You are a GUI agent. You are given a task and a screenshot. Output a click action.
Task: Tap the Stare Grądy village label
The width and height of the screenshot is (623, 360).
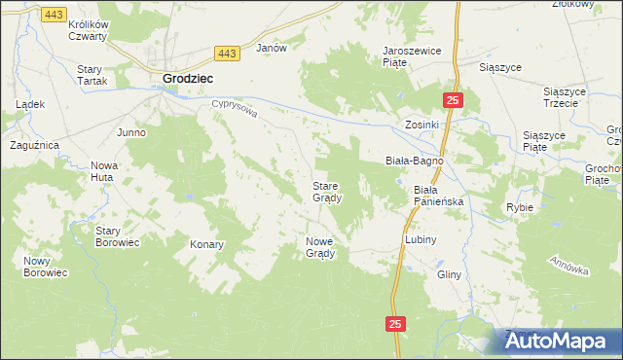click(x=326, y=192)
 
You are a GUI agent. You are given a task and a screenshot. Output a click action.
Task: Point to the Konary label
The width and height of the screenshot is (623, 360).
click(x=207, y=244)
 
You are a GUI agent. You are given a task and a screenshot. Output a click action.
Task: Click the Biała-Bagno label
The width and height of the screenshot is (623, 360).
click(x=415, y=160)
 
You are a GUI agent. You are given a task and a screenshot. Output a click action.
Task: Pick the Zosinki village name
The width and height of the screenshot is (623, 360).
click(x=422, y=126)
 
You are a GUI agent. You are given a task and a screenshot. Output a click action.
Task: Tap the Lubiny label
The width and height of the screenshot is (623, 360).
click(x=421, y=238)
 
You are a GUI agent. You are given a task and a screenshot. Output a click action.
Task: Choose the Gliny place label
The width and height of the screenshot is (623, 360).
click(x=449, y=274)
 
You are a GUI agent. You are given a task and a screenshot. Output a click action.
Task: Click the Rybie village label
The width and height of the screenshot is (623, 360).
click(x=519, y=207)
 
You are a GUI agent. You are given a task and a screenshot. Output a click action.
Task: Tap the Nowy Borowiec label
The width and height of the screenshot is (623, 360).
click(x=45, y=267)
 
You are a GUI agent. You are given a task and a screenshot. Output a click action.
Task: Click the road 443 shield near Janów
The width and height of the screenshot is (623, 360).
click(x=228, y=54)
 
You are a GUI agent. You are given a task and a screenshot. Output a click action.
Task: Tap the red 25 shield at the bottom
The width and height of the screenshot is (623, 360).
click(x=393, y=324)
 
